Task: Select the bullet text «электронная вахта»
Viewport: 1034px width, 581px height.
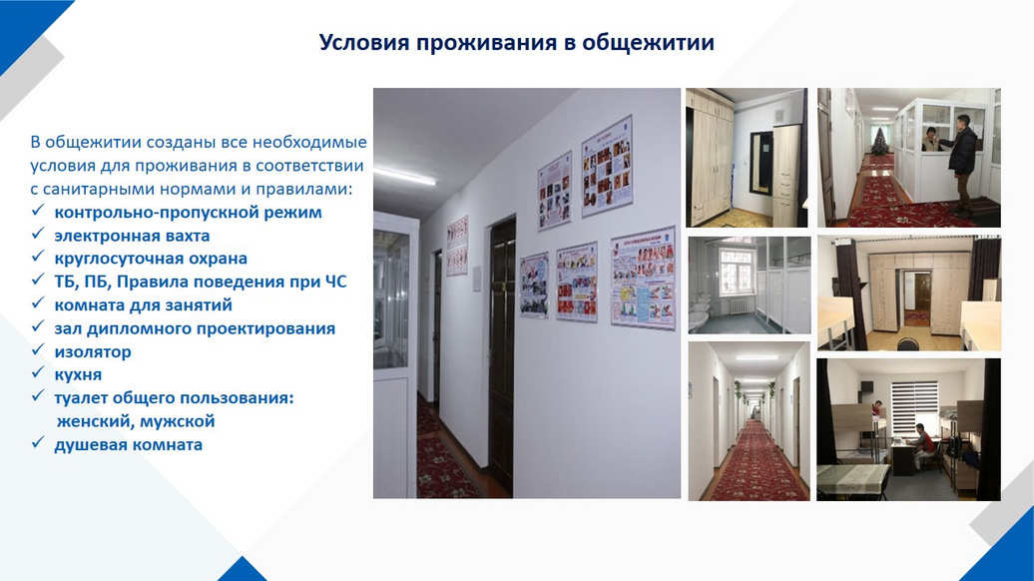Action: (132, 236)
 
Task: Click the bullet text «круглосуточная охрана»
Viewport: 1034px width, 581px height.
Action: (151, 259)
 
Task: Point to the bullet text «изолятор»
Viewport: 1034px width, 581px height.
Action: (92, 351)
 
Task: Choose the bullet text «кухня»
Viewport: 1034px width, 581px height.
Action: (78, 374)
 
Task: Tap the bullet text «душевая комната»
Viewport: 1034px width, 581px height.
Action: (128, 444)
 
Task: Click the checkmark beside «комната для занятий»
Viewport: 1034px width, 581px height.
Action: (38, 303)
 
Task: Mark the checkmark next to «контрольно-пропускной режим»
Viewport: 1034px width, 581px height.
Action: (38, 211)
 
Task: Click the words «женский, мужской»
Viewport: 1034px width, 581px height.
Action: (136, 421)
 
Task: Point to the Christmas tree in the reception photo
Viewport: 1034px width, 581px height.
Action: (879, 142)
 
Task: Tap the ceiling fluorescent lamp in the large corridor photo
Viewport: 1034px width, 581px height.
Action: (404, 176)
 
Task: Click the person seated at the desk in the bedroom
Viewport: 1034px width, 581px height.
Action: (923, 446)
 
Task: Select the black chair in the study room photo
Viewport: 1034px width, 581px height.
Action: (907, 344)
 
